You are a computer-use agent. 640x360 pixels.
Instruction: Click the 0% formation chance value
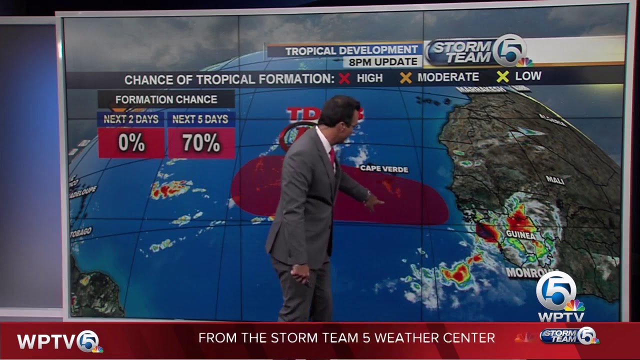click(131, 143)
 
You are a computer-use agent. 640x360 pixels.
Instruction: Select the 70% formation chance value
click(201, 143)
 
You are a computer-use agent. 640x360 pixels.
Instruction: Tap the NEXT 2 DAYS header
click(131, 119)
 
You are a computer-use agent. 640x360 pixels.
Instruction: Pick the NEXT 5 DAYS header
click(200, 119)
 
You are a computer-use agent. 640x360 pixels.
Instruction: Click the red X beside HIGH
click(344, 78)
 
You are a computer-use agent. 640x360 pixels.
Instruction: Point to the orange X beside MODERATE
click(405, 77)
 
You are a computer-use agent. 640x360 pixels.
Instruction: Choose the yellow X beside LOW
click(502, 76)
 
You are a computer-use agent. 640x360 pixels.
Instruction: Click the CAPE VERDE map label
click(384, 169)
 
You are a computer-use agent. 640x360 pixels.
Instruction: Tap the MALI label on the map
click(555, 180)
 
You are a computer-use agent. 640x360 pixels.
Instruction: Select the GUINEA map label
click(520, 235)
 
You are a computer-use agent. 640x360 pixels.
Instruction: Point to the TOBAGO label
click(81, 231)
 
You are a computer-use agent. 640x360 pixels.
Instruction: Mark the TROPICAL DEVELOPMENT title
click(351, 50)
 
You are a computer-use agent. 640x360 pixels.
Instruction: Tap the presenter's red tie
click(332, 156)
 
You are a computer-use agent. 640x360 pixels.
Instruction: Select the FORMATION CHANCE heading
click(166, 99)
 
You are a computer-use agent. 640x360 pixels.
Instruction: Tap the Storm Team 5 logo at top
click(475, 51)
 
